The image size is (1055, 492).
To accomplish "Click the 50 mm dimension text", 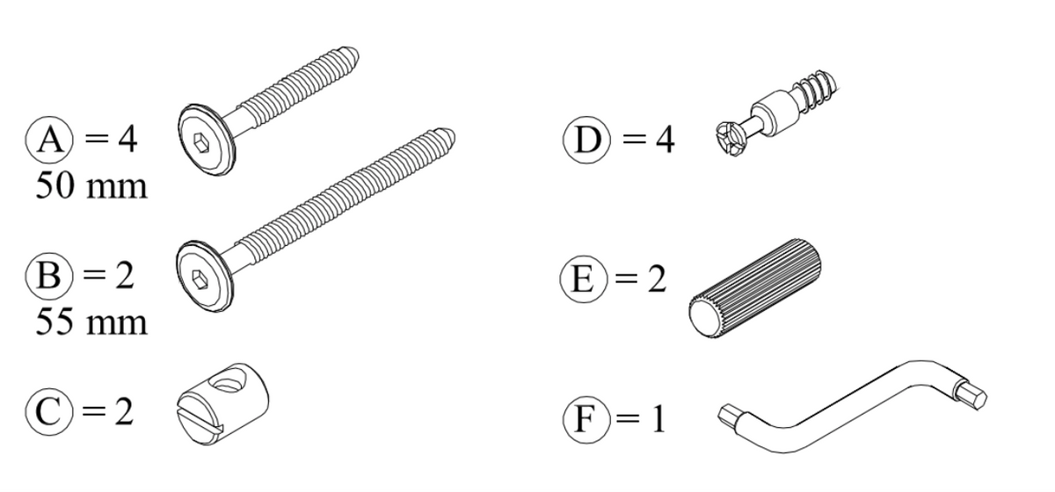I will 91,187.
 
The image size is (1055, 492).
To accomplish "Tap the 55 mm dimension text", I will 91,322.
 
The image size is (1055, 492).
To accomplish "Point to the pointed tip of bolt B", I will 450,137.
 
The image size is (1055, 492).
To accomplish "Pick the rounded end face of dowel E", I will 704,314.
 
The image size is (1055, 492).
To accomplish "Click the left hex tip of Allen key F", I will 730,413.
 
